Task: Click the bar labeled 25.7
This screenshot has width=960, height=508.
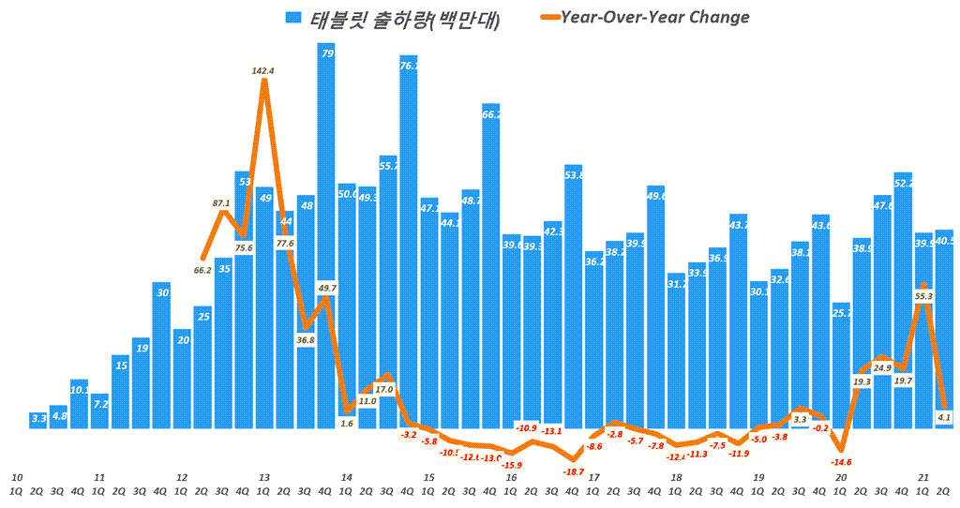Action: point(841,366)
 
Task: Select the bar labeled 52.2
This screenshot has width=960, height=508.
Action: point(903,300)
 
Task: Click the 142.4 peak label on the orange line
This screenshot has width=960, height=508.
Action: point(263,70)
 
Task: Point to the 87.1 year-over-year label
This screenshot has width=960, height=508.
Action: point(222,202)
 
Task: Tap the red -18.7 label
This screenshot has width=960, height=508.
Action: point(572,471)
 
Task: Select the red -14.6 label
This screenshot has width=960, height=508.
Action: point(840,462)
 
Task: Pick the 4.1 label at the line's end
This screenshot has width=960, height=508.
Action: point(944,417)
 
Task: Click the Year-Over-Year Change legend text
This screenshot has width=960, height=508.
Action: point(654,17)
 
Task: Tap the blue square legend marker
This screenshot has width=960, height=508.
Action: point(294,18)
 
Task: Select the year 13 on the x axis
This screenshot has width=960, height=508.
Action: point(264,477)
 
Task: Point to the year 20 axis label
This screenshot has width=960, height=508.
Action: point(841,477)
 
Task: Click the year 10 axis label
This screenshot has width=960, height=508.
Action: point(17,477)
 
